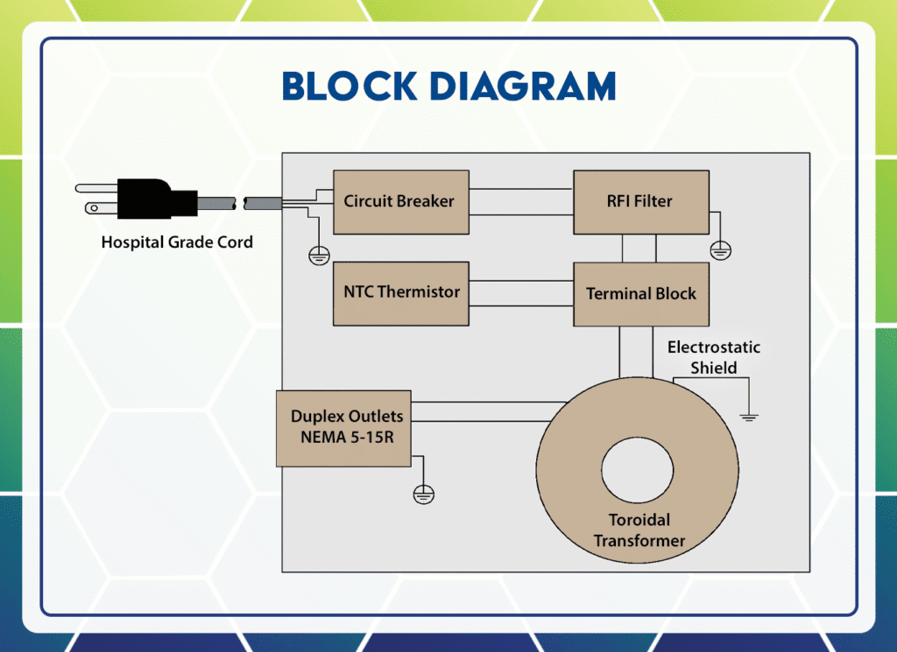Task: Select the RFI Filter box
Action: click(x=640, y=202)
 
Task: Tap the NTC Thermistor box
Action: click(x=401, y=293)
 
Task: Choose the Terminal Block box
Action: click(x=640, y=294)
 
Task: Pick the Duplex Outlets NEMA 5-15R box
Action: click(x=343, y=428)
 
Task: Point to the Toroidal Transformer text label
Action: click(x=639, y=530)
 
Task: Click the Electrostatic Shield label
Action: click(x=713, y=357)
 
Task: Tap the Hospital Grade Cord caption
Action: click(x=177, y=242)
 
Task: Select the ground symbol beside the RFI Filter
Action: click(x=720, y=251)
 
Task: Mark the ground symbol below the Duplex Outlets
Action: click(x=423, y=494)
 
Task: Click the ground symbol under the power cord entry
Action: click(x=319, y=255)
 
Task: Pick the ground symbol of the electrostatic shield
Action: click(x=748, y=416)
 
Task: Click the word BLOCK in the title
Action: click(x=349, y=87)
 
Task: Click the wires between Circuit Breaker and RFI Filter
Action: click(x=521, y=201)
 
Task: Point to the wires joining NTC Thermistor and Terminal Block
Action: click(x=521, y=293)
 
